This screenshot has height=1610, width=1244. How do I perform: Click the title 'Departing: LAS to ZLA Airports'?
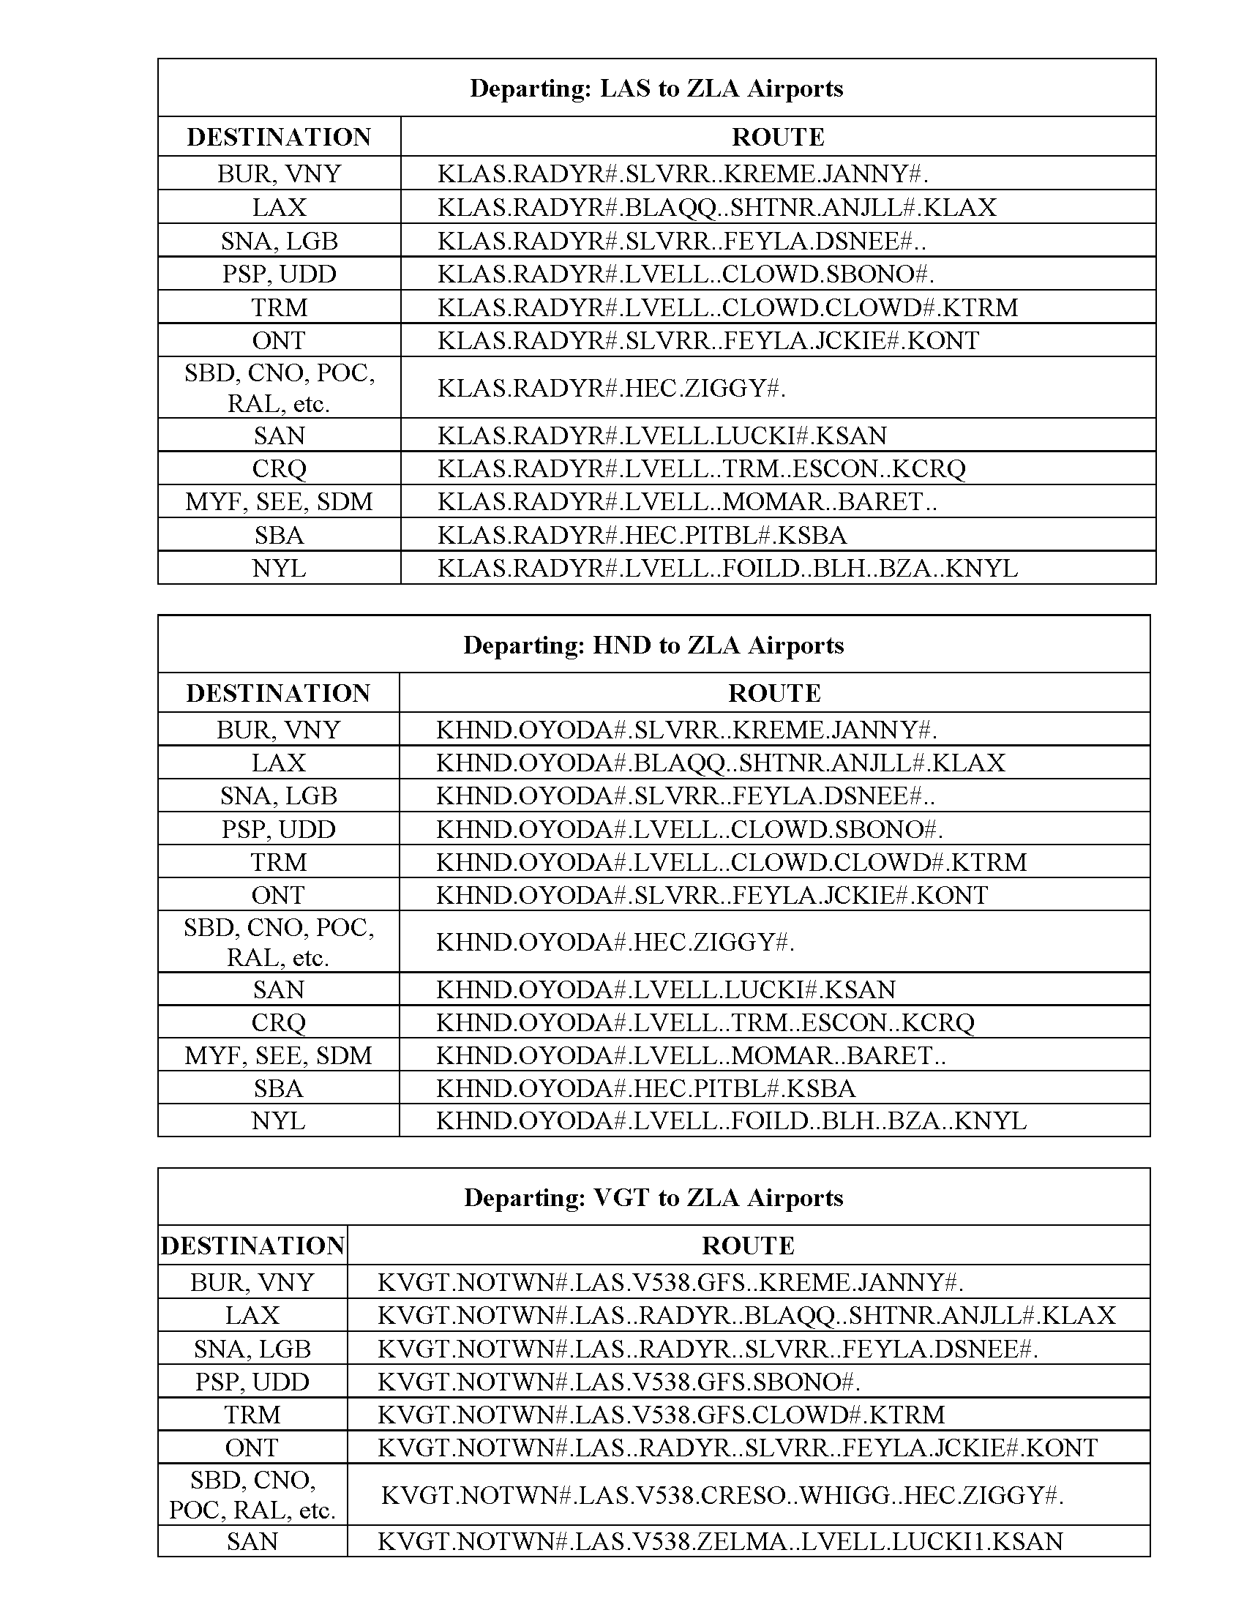click(656, 89)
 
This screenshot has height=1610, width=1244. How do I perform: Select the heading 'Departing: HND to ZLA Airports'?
click(653, 645)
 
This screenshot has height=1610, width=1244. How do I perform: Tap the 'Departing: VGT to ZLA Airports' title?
click(653, 1198)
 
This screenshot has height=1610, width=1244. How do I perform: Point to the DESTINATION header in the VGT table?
click(252, 1246)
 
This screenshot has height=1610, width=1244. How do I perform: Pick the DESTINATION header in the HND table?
click(278, 693)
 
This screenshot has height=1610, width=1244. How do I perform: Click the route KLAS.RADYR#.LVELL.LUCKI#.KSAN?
click(662, 435)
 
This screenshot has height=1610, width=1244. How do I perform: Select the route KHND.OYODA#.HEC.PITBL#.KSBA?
click(645, 1088)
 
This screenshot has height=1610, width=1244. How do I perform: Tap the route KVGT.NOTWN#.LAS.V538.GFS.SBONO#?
click(619, 1382)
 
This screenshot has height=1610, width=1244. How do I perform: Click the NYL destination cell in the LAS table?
click(279, 569)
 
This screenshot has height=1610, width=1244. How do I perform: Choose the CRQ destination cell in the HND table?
click(278, 1022)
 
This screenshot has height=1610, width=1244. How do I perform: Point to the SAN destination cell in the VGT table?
click(252, 1541)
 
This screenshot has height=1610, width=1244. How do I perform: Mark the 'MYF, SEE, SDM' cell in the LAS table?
click(279, 502)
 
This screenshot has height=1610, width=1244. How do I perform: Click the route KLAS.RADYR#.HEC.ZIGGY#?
click(612, 388)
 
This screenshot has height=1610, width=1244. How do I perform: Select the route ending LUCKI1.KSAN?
click(720, 1541)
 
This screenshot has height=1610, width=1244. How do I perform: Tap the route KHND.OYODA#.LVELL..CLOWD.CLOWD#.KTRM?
click(731, 862)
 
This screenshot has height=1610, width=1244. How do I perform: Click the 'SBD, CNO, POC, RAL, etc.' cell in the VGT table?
click(252, 1495)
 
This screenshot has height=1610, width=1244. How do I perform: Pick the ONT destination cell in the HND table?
click(278, 895)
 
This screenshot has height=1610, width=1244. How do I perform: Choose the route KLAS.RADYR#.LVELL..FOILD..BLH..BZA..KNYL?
click(727, 569)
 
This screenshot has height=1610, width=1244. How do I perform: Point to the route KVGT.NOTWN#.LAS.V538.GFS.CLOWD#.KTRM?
click(661, 1415)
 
